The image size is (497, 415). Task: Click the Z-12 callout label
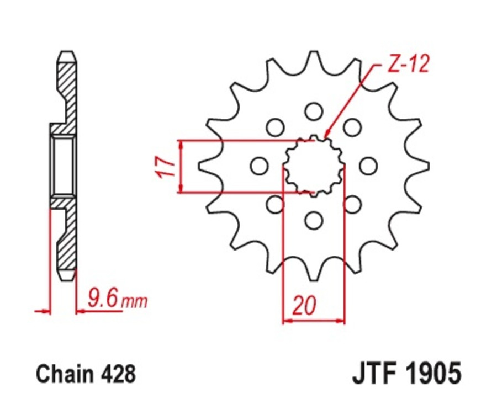pos(408,65)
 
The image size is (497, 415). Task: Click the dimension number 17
pos(166,166)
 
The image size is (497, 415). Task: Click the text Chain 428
pos(86,375)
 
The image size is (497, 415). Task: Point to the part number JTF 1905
pos(406,374)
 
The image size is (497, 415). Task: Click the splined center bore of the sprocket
pos(313,165)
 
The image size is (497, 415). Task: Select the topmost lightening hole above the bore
pos(314,111)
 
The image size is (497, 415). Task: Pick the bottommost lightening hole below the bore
pos(314,220)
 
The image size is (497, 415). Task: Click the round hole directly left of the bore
pos(258,166)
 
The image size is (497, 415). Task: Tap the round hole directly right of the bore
pos(368,166)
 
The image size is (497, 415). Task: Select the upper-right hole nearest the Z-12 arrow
pos(352,127)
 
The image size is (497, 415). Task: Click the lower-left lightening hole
pos(274,205)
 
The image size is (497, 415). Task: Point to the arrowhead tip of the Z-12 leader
pos(325,136)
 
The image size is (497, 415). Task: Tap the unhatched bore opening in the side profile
pos(63,166)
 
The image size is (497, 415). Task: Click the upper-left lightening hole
pos(274,127)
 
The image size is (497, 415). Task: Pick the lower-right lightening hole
pos(352,205)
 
